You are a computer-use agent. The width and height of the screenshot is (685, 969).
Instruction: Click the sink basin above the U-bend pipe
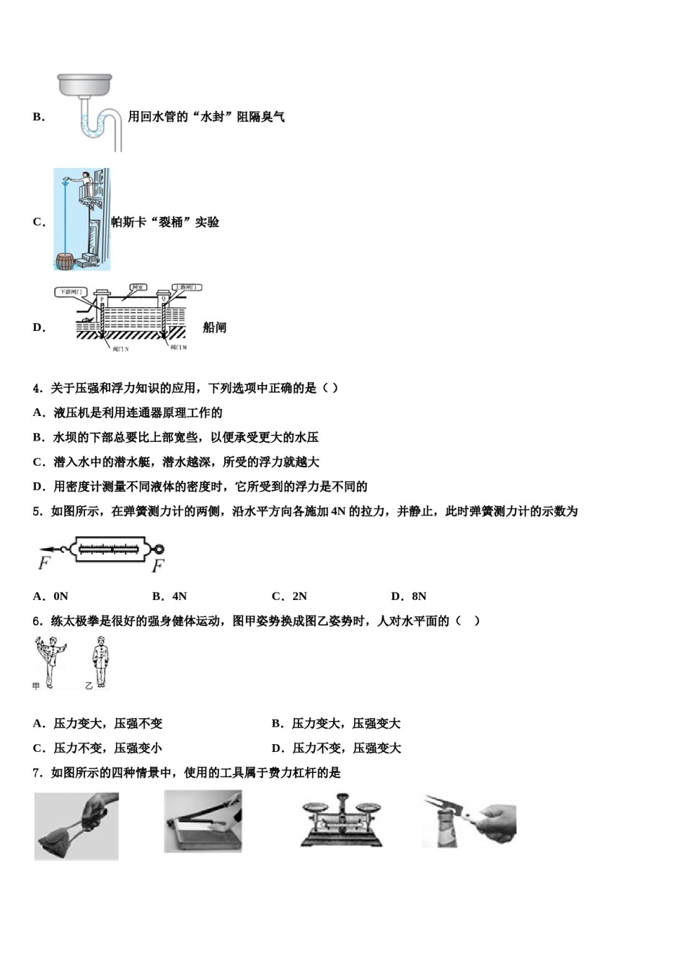click(x=84, y=84)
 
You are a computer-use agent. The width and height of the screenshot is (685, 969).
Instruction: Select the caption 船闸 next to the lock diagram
click(x=214, y=327)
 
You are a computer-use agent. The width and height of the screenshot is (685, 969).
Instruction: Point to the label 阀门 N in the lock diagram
click(x=120, y=349)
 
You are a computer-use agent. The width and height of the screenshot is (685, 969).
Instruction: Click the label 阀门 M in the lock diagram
click(x=178, y=348)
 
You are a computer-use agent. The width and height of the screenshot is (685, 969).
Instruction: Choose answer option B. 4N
click(x=169, y=596)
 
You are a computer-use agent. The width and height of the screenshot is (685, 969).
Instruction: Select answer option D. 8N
click(x=409, y=596)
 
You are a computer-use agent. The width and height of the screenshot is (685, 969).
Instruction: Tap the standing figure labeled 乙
click(x=100, y=662)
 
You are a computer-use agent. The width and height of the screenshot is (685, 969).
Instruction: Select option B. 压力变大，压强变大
click(x=336, y=723)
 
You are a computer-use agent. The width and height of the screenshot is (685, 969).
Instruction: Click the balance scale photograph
click(x=341, y=821)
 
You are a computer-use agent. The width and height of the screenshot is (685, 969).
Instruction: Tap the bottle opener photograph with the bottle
click(x=469, y=821)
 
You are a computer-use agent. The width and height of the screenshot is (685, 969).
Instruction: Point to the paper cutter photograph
click(x=203, y=821)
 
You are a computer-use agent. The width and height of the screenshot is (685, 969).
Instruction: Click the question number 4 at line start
click(x=37, y=388)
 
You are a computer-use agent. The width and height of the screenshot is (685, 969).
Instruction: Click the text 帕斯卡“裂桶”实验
click(x=165, y=222)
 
